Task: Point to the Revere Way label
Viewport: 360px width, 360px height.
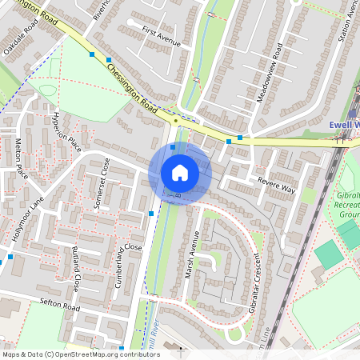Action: pos(277,186)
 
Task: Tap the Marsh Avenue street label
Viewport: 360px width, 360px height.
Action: pos(191,254)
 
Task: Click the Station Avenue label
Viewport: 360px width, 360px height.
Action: pos(346,22)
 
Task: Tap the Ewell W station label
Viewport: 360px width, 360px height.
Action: pos(344,125)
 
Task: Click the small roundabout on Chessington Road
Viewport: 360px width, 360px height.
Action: pos(175,121)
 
